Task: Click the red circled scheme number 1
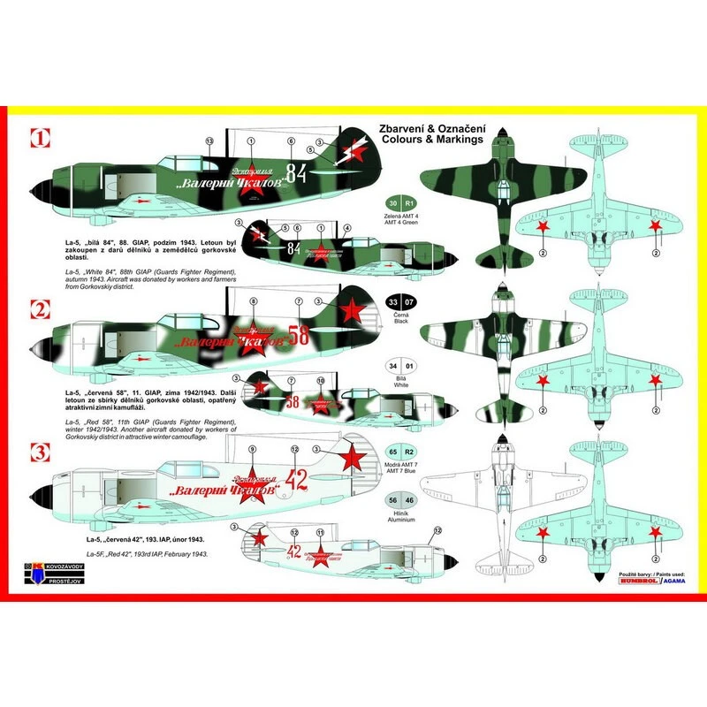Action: click(x=38, y=138)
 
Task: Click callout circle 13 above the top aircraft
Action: click(x=209, y=141)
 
